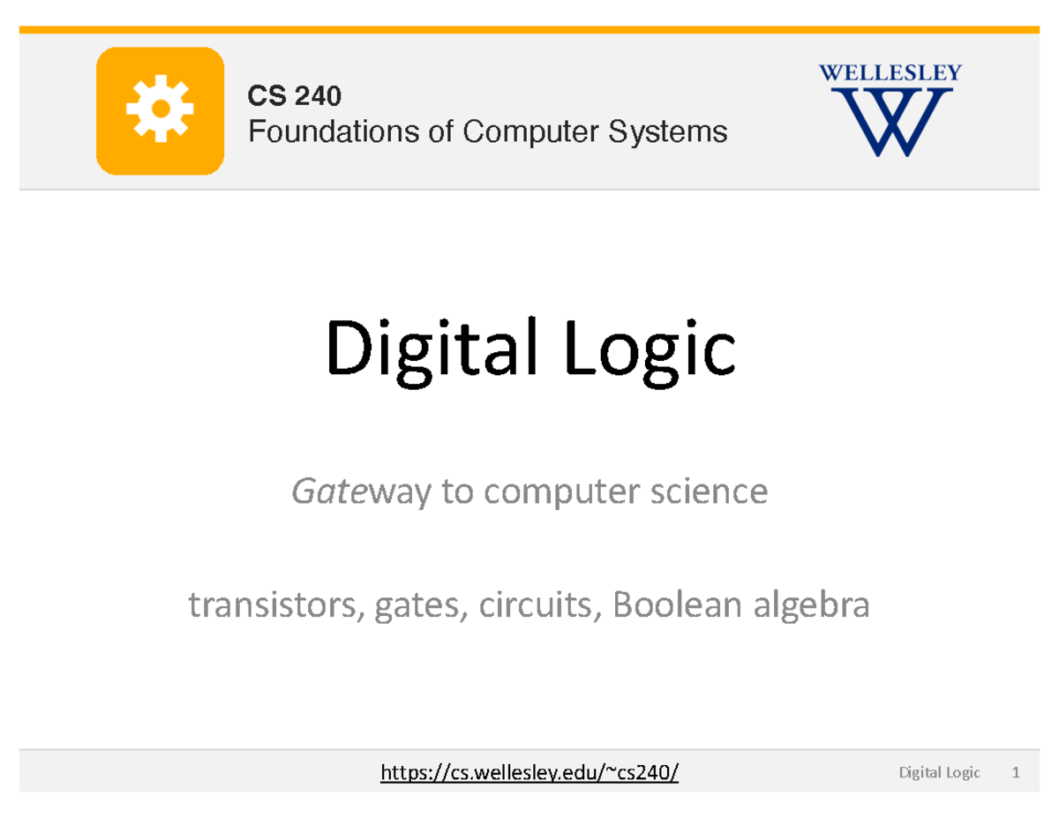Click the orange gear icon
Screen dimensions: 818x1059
(160, 109)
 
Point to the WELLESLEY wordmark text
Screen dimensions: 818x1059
(890, 73)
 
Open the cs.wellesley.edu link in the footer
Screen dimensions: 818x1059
(529, 774)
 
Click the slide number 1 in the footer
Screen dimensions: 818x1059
(1017, 774)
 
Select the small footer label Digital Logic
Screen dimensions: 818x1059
(939, 774)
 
